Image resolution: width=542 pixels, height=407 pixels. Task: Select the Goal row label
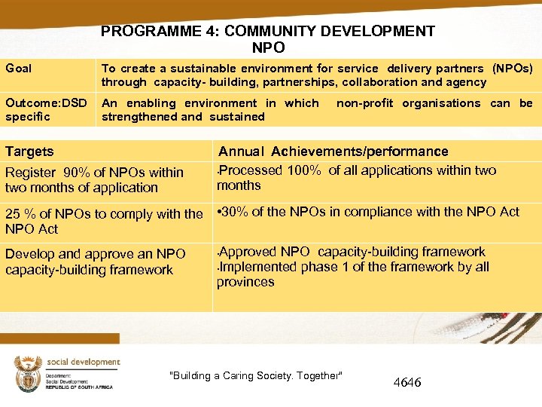[x=19, y=69]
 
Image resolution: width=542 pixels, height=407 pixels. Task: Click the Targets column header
[x=29, y=151]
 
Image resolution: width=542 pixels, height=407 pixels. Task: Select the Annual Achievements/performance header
[x=333, y=151]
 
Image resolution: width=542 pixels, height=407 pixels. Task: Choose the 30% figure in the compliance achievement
[x=237, y=212]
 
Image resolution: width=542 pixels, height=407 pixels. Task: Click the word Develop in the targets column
[x=29, y=254]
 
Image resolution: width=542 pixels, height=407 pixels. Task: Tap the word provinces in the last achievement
[x=245, y=282]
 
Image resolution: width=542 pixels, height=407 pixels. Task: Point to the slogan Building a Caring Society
[x=257, y=376]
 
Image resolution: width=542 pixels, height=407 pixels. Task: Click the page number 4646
[x=407, y=383]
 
